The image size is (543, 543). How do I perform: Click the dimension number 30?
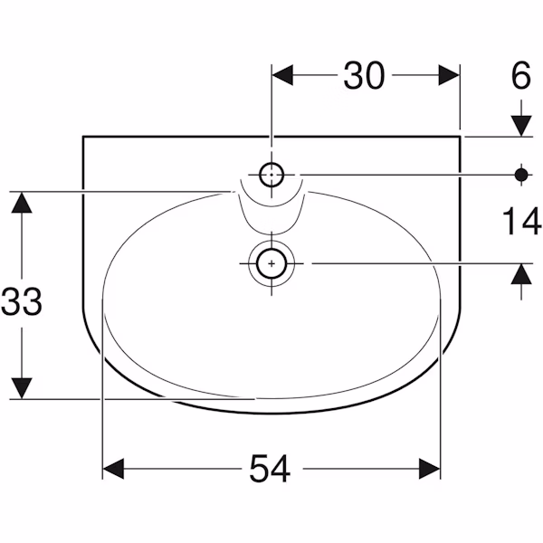tap(364, 75)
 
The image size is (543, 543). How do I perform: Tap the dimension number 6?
tap(521, 75)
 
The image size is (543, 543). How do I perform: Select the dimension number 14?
tap(522, 221)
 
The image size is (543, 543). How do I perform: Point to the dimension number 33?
tap(22, 301)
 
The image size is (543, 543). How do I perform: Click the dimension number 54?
tap(270, 469)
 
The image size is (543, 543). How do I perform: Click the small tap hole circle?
tap(271, 175)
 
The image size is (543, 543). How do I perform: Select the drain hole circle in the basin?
tap(271, 263)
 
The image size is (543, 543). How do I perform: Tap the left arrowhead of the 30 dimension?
tap(282, 75)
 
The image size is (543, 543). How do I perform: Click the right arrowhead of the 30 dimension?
tap(449, 75)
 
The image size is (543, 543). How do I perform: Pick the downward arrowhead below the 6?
tap(521, 126)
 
